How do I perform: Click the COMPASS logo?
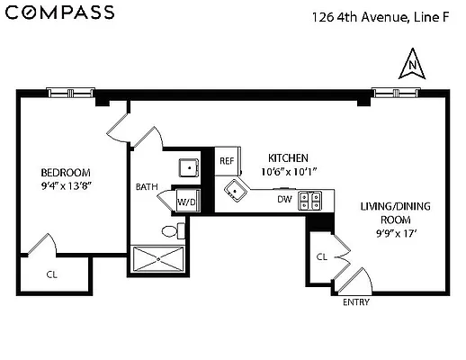(60, 13)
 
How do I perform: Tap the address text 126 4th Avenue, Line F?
(381, 17)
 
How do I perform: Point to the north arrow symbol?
(412, 64)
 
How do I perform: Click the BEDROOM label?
(66, 173)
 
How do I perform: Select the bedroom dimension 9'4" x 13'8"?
(66, 186)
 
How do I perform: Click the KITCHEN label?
(288, 157)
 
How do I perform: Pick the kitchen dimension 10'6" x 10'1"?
(289, 172)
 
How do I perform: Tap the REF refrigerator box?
(228, 161)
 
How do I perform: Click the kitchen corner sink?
(236, 191)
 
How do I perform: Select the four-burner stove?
(309, 201)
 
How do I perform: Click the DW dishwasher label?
(284, 199)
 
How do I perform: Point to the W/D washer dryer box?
(188, 200)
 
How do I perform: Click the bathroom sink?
(189, 167)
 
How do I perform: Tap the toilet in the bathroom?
(174, 230)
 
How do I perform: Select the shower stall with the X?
(158, 259)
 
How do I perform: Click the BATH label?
(147, 187)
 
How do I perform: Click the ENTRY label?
(356, 302)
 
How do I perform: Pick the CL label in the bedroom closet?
(52, 274)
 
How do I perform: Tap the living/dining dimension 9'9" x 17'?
(396, 233)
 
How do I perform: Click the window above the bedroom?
(71, 93)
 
